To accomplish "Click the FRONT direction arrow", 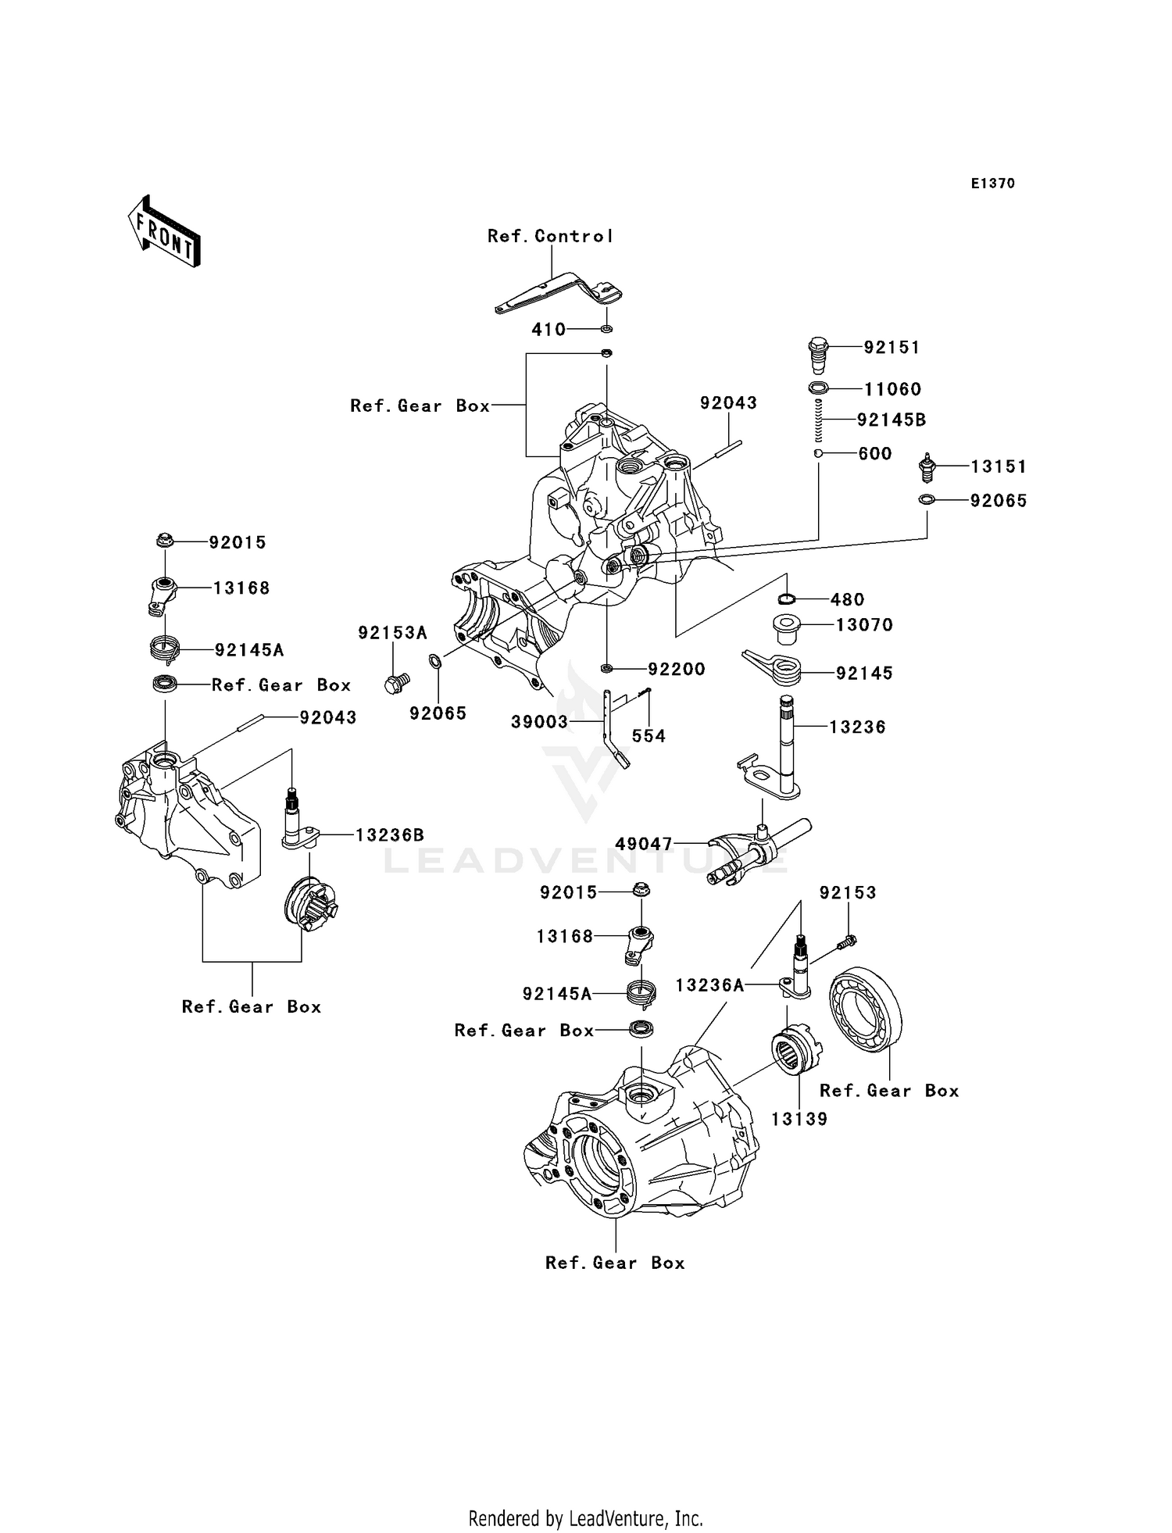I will tap(165, 232).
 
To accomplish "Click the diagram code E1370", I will tap(992, 184).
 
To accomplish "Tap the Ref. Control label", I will tap(550, 236).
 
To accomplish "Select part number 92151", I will tap(892, 347).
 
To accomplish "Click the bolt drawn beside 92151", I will tap(817, 356).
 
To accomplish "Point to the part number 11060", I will tap(892, 389).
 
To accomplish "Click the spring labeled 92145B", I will tap(818, 420).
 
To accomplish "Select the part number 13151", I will tap(998, 466).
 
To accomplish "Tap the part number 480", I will tap(847, 599).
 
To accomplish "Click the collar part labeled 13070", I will tap(788, 629).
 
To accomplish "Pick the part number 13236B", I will tap(391, 834).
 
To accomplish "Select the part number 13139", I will tap(799, 1119).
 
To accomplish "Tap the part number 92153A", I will tap(392, 633).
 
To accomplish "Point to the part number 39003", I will tap(539, 722).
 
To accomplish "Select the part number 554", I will tap(649, 735).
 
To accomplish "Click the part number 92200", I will tap(676, 669).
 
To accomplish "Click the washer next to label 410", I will tap(606, 329).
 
